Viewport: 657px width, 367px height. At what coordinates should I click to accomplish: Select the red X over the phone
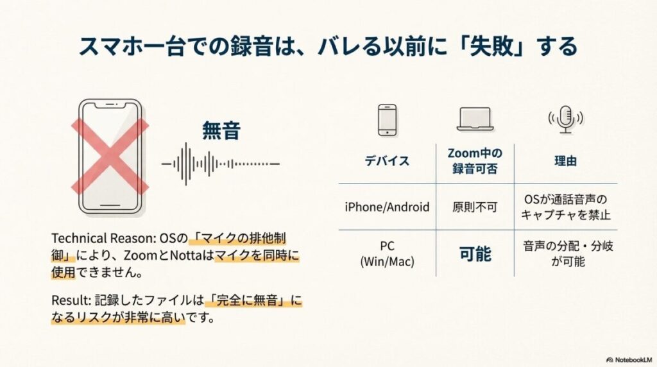[110, 156]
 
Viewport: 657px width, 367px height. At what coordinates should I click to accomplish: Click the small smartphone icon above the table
[387, 120]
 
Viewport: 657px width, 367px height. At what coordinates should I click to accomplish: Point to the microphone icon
[565, 119]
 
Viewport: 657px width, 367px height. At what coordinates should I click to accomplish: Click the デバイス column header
[387, 161]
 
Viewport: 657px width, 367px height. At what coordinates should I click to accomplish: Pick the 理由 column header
[565, 161]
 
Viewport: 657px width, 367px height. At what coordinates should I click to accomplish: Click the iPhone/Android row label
[387, 207]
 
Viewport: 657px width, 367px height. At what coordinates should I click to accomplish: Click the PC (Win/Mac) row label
[387, 253]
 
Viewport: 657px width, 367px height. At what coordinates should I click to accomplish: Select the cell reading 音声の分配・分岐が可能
[565, 253]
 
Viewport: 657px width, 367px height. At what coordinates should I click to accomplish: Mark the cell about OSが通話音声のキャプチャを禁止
[565, 207]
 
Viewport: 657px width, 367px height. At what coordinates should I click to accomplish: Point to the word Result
[66, 300]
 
